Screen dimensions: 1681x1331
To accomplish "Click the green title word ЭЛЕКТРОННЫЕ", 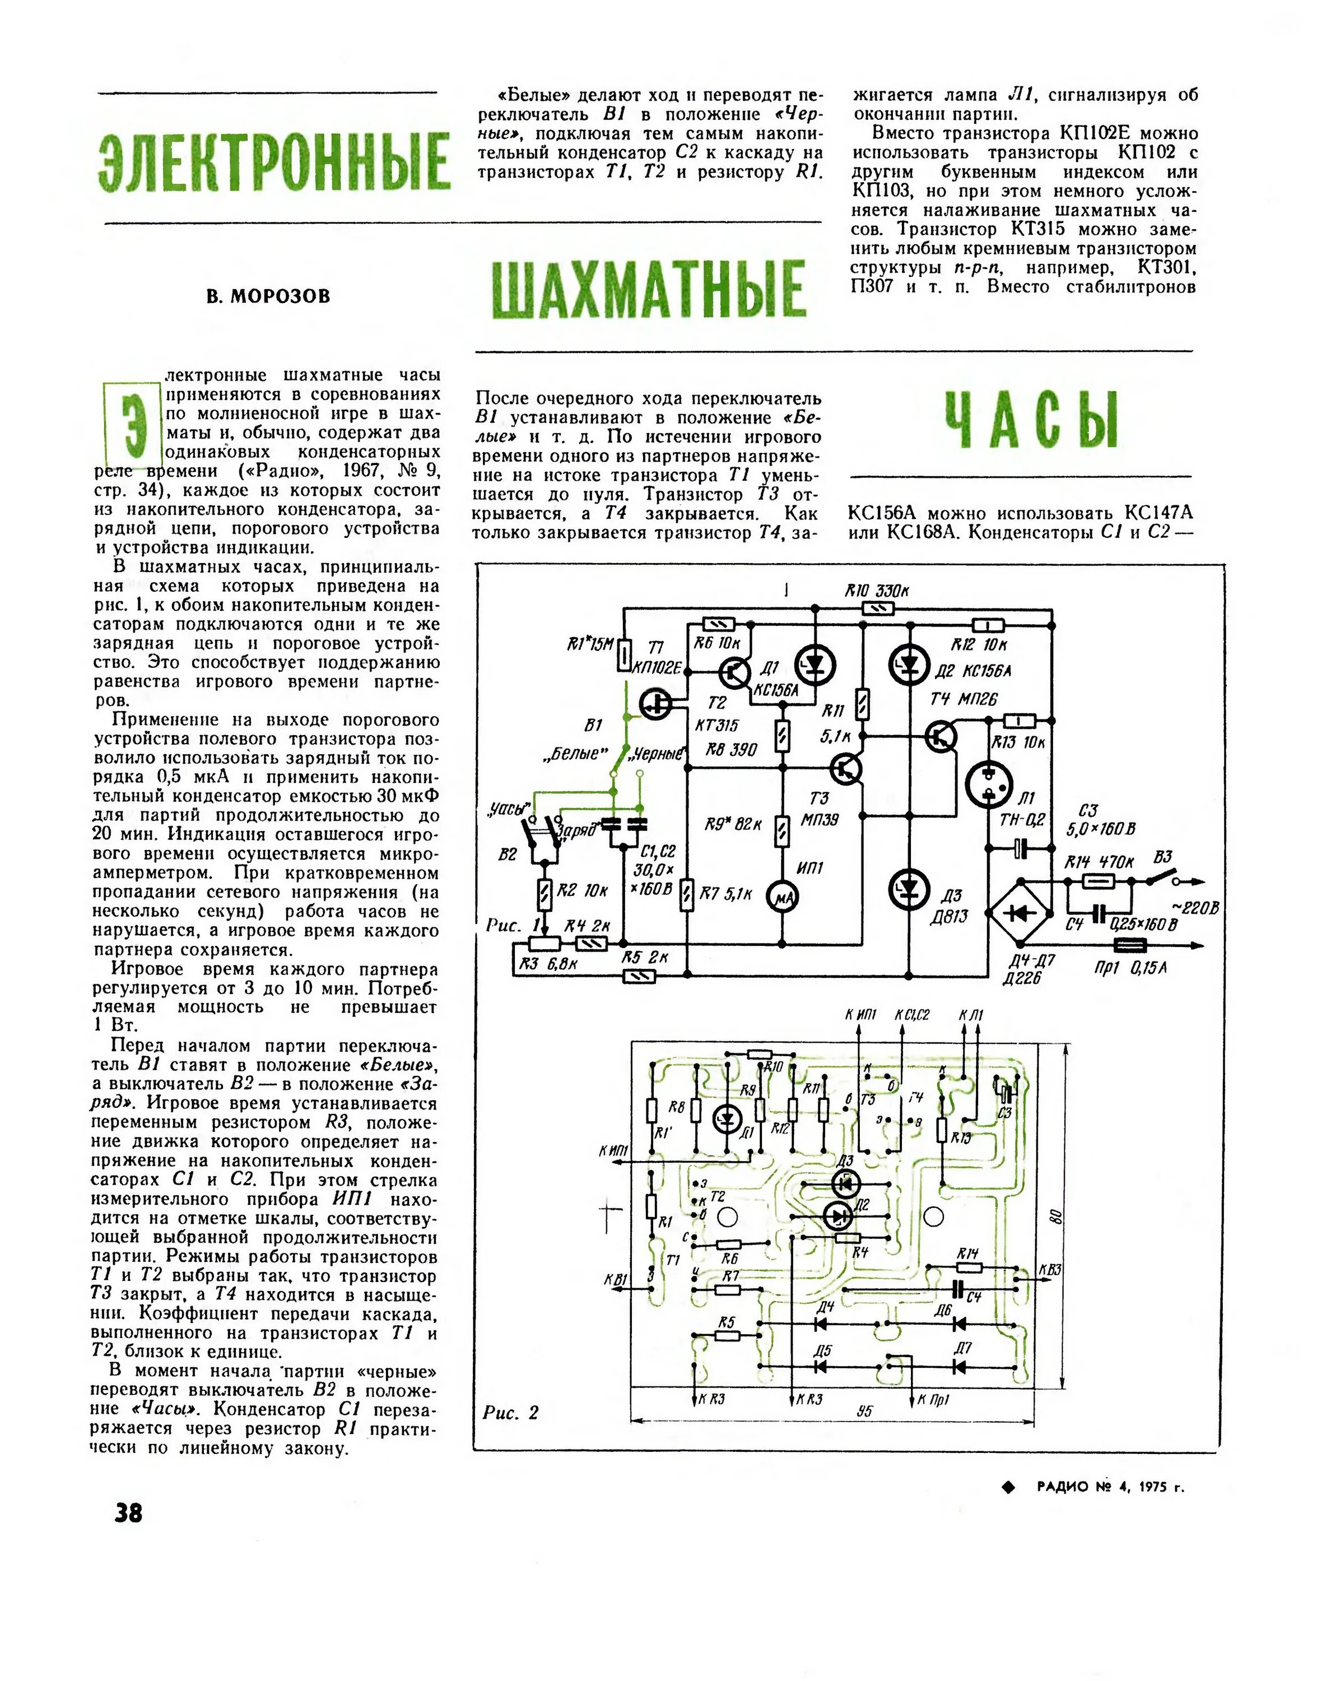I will click(274, 162).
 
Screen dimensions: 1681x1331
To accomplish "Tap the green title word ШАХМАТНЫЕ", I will click(648, 289).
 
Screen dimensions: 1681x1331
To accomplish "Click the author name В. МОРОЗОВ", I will click(268, 297).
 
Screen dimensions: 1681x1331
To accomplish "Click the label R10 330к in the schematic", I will click(877, 592).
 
